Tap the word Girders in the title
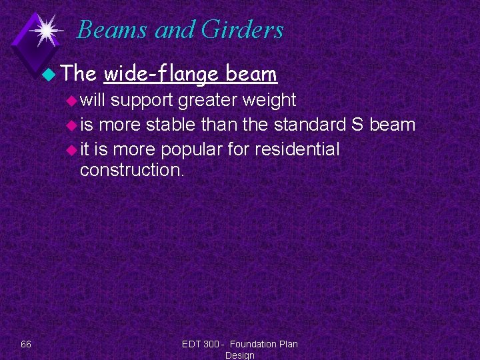[243, 30]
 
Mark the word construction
[131, 170]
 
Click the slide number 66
[26, 344]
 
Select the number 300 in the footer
[211, 344]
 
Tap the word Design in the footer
[240, 355]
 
